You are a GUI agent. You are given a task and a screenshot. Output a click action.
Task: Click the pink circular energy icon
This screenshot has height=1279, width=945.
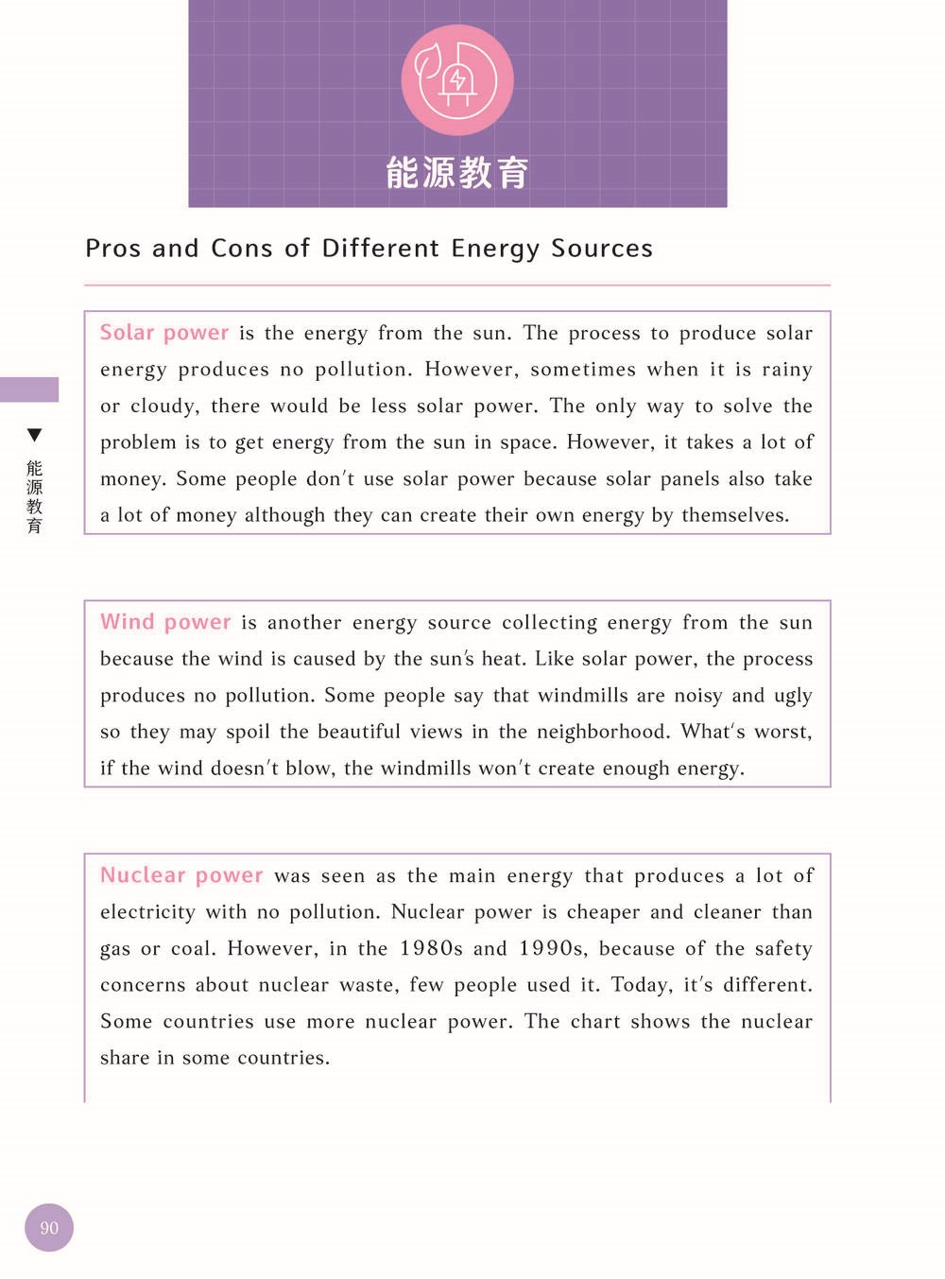point(457,80)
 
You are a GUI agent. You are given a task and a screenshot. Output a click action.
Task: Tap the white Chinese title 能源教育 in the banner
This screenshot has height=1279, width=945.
point(457,173)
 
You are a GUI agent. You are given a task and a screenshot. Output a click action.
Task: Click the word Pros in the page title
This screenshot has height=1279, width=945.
point(112,249)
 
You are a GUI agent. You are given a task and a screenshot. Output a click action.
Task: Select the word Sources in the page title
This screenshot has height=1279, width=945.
point(602,249)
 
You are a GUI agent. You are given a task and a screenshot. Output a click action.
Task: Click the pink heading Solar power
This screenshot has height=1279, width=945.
point(164,333)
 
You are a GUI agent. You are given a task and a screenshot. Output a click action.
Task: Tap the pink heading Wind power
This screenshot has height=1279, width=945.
point(165,622)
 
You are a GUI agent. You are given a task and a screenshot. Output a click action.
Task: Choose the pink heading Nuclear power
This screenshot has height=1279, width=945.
point(181,875)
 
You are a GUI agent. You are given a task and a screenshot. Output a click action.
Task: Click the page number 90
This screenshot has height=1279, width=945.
point(49,1228)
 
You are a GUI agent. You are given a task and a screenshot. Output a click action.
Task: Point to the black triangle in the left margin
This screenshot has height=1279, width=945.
point(35,435)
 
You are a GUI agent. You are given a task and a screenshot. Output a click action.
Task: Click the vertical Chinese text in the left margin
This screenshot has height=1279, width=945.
point(35,496)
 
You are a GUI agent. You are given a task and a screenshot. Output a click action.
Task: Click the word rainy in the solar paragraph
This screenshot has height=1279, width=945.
point(786,370)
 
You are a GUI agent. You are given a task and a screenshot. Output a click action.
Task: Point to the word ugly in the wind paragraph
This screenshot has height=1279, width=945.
point(793,696)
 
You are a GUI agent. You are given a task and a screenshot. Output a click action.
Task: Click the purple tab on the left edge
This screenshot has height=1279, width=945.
point(29,389)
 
